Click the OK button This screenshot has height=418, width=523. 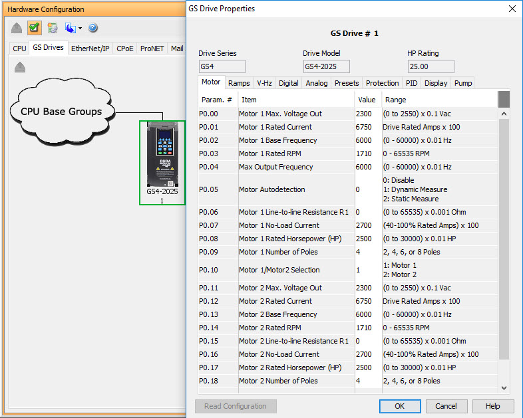tap(400, 406)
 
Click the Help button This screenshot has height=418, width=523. tap(492, 406)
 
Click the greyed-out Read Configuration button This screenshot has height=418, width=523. tap(236, 406)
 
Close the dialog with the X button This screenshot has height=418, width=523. tap(512, 9)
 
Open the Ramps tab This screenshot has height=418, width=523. tap(239, 83)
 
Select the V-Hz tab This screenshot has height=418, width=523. tap(264, 83)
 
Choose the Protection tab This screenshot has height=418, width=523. tap(383, 83)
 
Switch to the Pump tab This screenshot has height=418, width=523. tap(463, 83)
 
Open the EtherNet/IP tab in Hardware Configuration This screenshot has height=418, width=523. tap(90, 49)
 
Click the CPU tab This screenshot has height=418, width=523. tap(20, 49)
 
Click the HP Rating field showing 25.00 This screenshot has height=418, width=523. tap(431, 66)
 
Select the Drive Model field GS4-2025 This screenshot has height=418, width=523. tap(326, 66)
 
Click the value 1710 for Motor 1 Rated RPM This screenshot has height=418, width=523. tap(365, 154)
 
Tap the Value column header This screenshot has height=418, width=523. tap(367, 100)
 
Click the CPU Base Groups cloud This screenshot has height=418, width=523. tap(61, 112)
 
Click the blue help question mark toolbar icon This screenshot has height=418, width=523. tap(92, 28)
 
